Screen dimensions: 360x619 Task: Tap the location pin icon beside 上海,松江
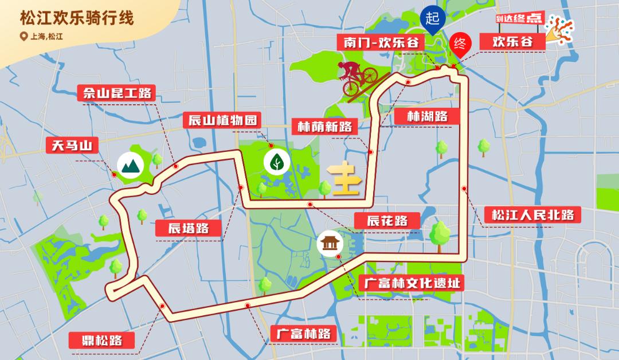(x=23, y=37)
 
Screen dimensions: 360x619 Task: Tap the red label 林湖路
(x=426, y=116)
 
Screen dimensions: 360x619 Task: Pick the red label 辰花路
(x=387, y=220)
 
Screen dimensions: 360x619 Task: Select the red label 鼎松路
(x=104, y=340)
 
